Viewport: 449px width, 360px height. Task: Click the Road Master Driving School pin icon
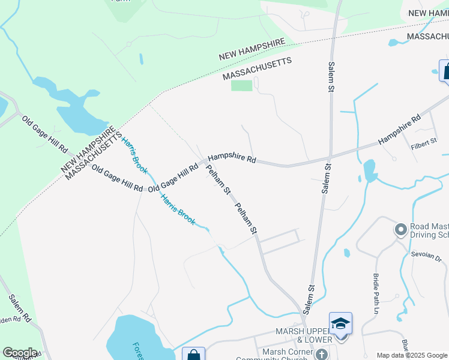coord(400,229)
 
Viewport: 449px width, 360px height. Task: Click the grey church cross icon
coord(322,355)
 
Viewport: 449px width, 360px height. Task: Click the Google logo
coord(20,353)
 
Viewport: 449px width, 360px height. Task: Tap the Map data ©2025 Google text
coord(412,355)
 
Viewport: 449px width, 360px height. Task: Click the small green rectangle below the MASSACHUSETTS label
coord(242,86)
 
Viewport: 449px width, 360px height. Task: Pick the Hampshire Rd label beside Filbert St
coord(400,130)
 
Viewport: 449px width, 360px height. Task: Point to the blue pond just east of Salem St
coord(369,170)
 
